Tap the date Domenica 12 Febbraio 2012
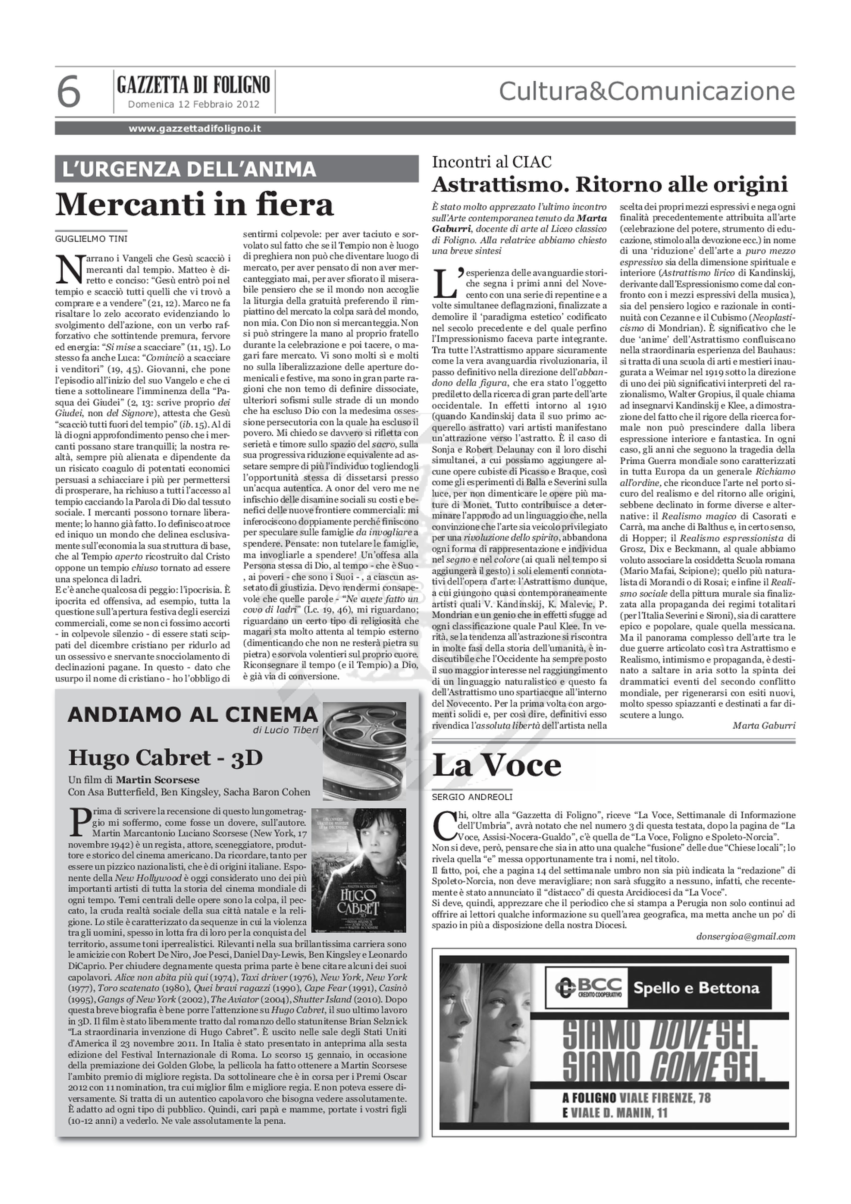point(194,104)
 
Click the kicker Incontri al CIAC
point(492,162)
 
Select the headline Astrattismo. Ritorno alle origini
point(610,185)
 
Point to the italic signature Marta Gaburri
point(764,726)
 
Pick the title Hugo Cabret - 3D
point(165,757)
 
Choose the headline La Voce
point(496,766)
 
